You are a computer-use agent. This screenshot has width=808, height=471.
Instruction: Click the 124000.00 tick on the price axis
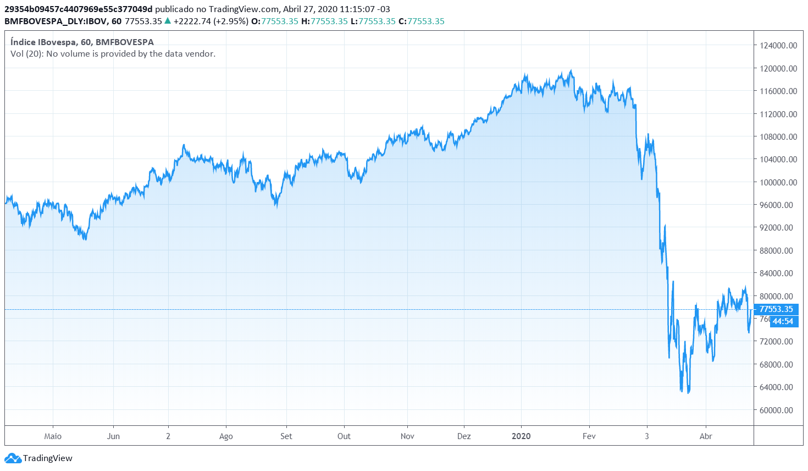pyautogui.click(x=778, y=46)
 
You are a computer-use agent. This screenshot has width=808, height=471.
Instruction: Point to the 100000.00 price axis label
pyautogui.click(x=778, y=182)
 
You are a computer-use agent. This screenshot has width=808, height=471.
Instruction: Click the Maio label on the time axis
pyautogui.click(x=53, y=436)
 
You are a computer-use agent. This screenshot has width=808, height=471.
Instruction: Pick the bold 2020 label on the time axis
pyautogui.click(x=521, y=436)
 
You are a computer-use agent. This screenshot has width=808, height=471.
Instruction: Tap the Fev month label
pyautogui.click(x=589, y=436)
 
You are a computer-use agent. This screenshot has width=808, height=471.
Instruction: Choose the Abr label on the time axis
pyautogui.click(x=706, y=436)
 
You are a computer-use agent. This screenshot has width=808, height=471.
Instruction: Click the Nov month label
pyautogui.click(x=407, y=436)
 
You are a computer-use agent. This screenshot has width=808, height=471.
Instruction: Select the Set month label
pyautogui.click(x=286, y=436)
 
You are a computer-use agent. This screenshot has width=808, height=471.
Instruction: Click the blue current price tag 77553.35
pyautogui.click(x=776, y=309)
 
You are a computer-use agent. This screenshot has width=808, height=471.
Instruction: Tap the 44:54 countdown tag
pyautogui.click(x=783, y=321)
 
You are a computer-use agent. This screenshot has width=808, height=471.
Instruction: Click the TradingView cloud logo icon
pyautogui.click(x=12, y=458)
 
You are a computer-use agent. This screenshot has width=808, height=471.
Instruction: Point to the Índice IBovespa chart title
pyautogui.click(x=82, y=42)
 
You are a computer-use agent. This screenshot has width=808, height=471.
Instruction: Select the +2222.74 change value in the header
pyautogui.click(x=192, y=21)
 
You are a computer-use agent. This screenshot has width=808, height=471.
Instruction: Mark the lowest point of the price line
pyautogui.click(x=688, y=393)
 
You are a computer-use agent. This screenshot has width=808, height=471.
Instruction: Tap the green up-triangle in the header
pyautogui.click(x=168, y=21)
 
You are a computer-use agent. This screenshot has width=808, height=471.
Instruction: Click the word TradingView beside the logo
pyautogui.click(x=48, y=458)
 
